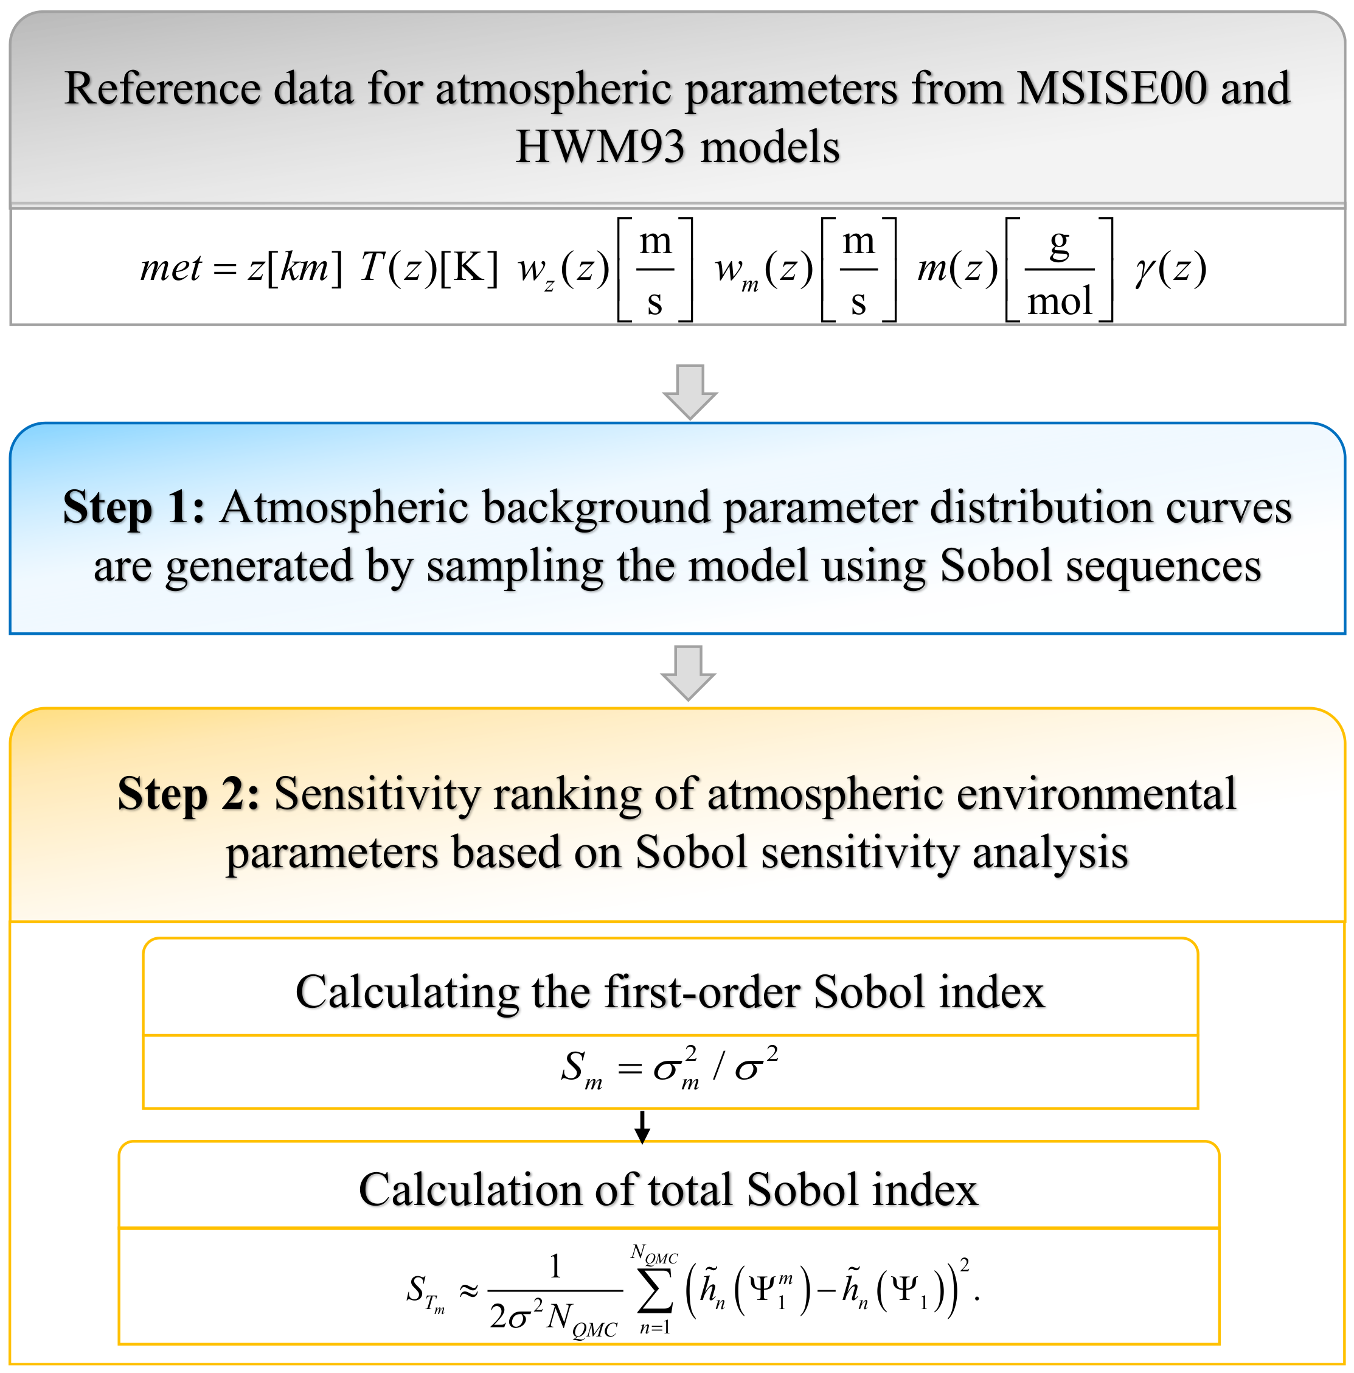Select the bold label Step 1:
[134, 508]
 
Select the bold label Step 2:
[188, 794]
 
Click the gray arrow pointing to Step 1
[689, 391]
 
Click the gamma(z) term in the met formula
[1170, 270]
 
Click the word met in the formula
[170, 268]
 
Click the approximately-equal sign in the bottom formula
[468, 1290]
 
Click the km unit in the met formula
[304, 268]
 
